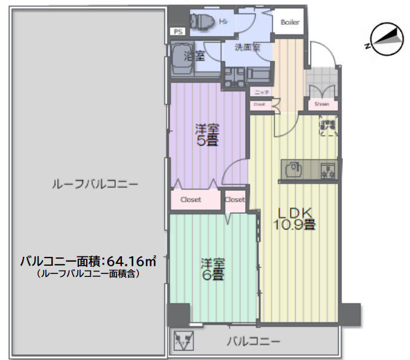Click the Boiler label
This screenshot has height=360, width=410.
290,22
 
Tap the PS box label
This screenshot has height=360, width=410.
177,32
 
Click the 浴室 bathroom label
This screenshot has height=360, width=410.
194,57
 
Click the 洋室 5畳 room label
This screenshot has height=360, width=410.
207,134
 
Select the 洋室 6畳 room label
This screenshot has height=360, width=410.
213,268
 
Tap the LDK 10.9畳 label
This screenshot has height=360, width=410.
293,218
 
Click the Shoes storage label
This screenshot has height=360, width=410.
322,104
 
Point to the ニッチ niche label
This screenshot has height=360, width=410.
262,93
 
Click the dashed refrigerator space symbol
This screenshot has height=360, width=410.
328,127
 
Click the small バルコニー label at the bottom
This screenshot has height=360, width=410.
254,341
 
